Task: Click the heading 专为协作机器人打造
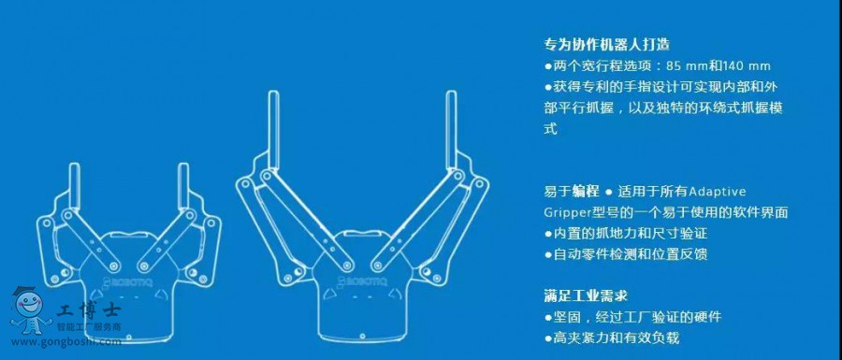coord(607,44)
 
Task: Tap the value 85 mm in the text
coord(685,66)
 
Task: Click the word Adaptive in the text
coord(718,192)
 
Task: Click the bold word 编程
coord(586,192)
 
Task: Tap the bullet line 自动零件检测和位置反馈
coord(626,254)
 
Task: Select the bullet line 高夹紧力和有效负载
coord(612,338)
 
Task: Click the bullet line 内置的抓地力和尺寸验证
coord(626,234)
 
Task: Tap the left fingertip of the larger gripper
coord(273,94)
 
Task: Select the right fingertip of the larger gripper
coord(451,94)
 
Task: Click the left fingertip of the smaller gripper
coord(74,166)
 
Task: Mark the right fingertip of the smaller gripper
coord(183,166)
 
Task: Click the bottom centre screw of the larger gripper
coord(362,336)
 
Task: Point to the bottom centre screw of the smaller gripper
coord(129,338)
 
